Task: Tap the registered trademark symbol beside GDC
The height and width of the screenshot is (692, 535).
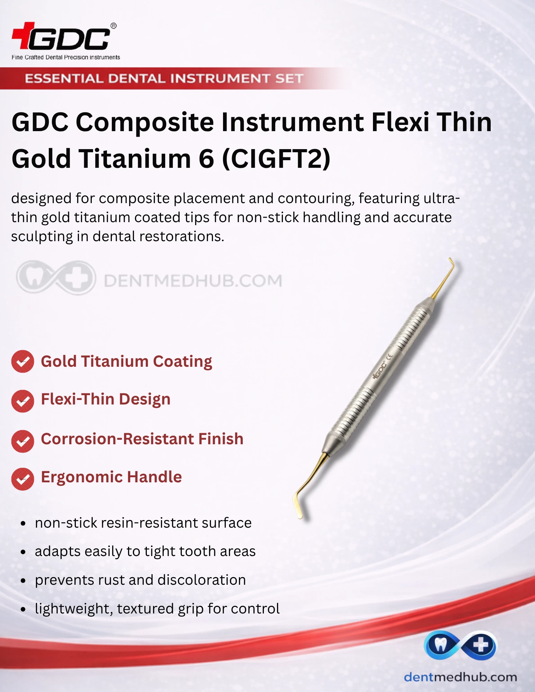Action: (x=114, y=26)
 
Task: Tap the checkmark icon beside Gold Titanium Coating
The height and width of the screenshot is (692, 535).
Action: (x=23, y=362)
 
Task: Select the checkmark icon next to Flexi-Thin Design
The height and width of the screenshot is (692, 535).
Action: (x=23, y=401)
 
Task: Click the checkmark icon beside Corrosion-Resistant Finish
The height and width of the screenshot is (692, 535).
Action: (x=23, y=441)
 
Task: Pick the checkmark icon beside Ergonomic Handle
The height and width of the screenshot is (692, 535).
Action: (x=23, y=479)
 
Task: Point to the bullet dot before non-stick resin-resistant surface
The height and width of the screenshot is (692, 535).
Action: (x=23, y=523)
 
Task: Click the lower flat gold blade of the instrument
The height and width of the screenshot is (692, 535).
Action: (x=298, y=507)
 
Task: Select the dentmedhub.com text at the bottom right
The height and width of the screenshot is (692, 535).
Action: (x=460, y=677)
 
